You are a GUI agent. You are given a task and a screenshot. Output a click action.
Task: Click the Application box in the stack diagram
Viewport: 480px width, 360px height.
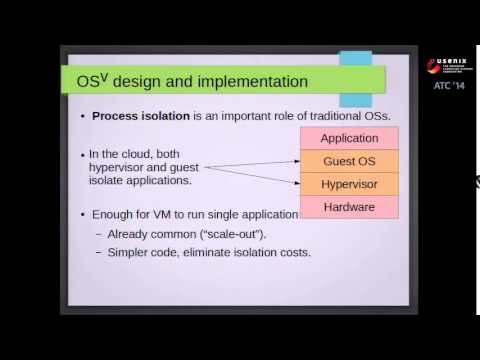click(x=349, y=136)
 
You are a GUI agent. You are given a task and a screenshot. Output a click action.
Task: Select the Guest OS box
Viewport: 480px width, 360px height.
click(x=349, y=160)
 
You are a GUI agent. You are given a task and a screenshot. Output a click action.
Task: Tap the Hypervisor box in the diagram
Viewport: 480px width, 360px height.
click(x=349, y=184)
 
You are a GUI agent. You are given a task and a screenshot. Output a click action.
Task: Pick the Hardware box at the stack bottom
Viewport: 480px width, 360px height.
click(x=349, y=208)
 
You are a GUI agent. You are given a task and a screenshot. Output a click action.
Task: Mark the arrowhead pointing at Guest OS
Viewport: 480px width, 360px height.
click(x=298, y=160)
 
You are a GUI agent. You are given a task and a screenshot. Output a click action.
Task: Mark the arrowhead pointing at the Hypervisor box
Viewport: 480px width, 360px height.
click(x=298, y=184)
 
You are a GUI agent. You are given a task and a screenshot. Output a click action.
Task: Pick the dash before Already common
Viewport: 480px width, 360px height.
click(x=98, y=234)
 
